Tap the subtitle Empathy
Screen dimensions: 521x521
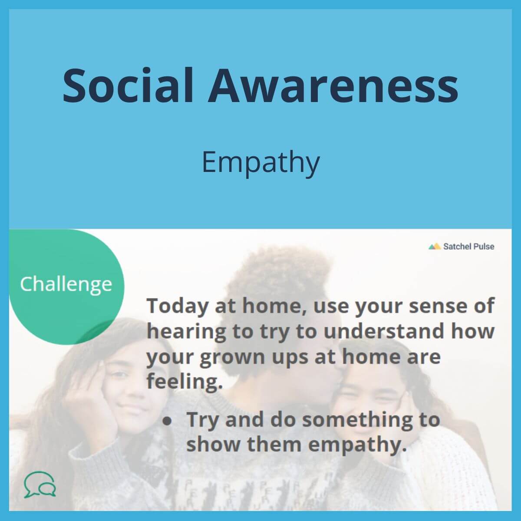(260, 163)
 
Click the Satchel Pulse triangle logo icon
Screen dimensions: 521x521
(435, 246)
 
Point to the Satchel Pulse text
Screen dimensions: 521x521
(469, 247)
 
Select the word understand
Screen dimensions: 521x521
(384, 331)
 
